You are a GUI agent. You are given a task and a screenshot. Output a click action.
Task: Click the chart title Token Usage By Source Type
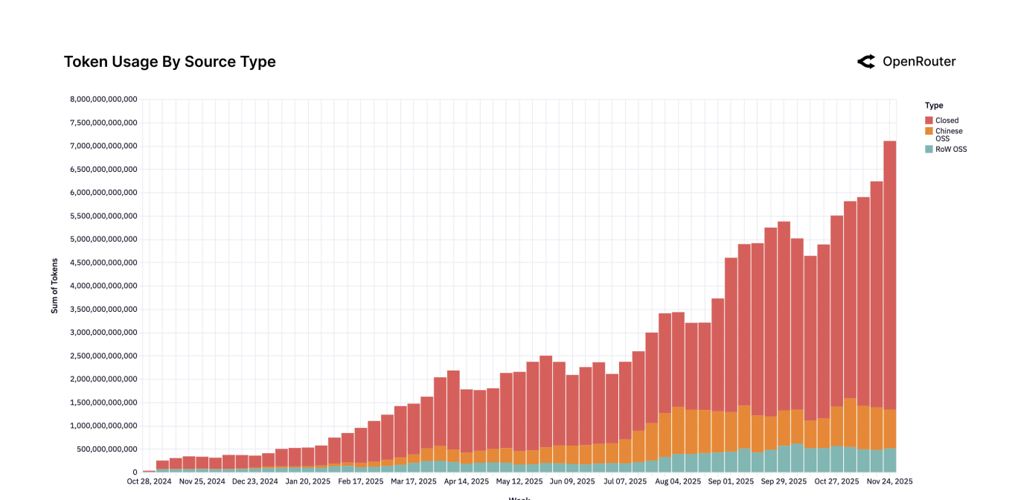tap(170, 62)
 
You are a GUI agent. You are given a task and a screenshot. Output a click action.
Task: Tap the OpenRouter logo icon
tap(866, 62)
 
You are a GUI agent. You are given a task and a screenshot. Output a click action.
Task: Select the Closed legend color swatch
tap(929, 121)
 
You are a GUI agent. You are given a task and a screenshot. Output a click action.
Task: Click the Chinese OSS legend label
tap(949, 135)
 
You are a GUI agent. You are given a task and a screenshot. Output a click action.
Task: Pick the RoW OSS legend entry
tap(951, 150)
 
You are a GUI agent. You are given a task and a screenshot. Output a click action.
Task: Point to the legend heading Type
tap(934, 106)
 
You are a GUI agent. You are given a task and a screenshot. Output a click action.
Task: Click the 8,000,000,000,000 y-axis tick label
tap(103, 99)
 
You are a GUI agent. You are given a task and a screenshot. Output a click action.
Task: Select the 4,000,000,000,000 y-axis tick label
tap(103, 286)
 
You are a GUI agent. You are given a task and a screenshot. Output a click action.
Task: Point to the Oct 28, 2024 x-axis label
tap(150, 481)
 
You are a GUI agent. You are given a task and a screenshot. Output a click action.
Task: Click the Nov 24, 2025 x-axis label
tap(890, 481)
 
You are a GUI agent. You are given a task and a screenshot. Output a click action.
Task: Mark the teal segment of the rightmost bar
tap(890, 460)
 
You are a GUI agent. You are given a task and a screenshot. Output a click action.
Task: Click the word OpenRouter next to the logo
tap(919, 62)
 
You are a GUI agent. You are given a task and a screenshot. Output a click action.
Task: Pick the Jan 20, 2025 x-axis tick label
tap(307, 481)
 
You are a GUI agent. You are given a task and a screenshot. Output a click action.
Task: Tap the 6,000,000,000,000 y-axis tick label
tap(103, 193)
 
